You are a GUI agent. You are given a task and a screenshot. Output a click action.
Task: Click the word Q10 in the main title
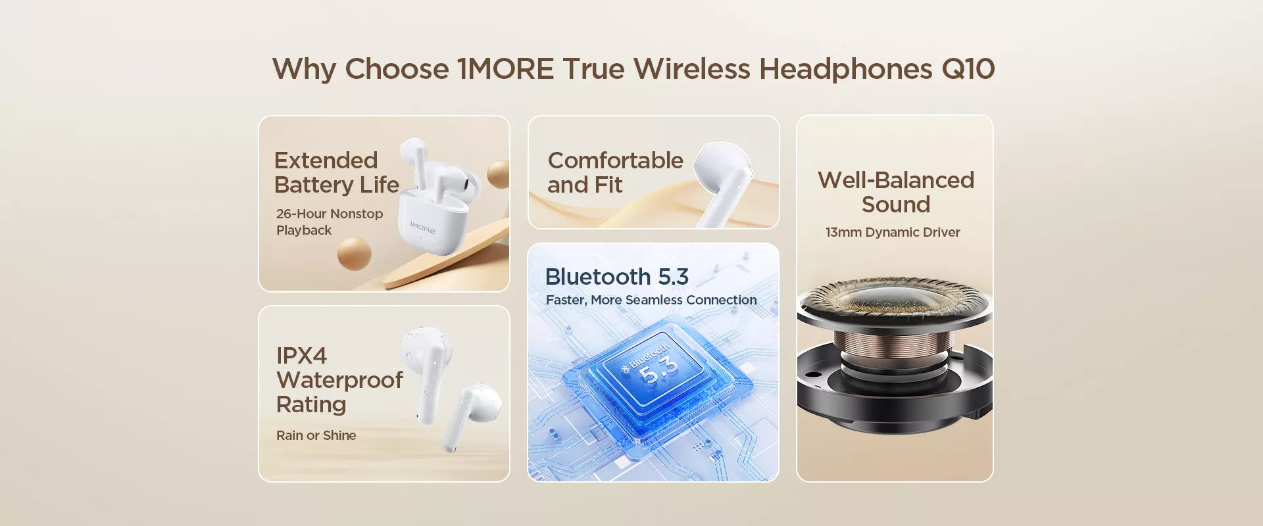click(x=968, y=69)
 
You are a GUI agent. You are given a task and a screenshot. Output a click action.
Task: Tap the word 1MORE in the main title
click(x=506, y=69)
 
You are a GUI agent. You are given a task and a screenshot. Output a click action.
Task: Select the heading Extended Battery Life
click(x=336, y=172)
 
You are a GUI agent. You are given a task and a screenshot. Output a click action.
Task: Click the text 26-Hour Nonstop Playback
click(x=330, y=222)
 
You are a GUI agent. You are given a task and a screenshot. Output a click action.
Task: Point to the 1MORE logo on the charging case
click(x=422, y=228)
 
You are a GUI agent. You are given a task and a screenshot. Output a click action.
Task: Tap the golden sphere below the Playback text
click(x=355, y=253)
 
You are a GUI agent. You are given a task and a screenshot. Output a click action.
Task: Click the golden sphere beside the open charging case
click(x=499, y=174)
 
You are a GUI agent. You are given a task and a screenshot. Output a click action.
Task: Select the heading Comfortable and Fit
click(x=615, y=172)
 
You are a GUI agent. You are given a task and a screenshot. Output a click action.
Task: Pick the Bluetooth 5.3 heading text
click(x=616, y=277)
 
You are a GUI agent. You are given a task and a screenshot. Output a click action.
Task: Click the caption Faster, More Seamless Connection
click(x=651, y=300)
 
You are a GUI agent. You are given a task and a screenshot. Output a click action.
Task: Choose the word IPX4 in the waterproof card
click(x=301, y=356)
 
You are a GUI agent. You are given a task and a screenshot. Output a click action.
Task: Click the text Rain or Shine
click(x=316, y=435)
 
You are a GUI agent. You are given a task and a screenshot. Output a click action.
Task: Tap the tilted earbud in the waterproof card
click(x=472, y=416)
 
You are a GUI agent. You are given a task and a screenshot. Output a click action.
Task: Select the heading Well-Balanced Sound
click(x=896, y=192)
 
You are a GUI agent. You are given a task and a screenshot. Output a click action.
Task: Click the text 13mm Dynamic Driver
click(x=893, y=232)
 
